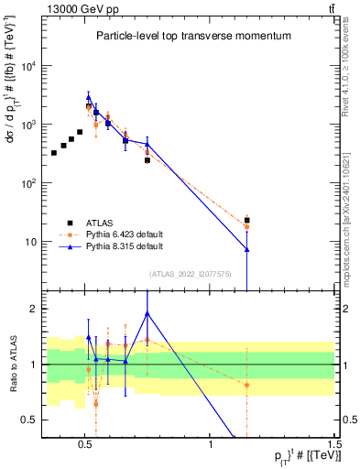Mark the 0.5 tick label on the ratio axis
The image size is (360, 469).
coord(28,420)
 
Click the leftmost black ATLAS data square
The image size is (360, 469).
coord(54,152)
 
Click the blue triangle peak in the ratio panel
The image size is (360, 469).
coord(147,313)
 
